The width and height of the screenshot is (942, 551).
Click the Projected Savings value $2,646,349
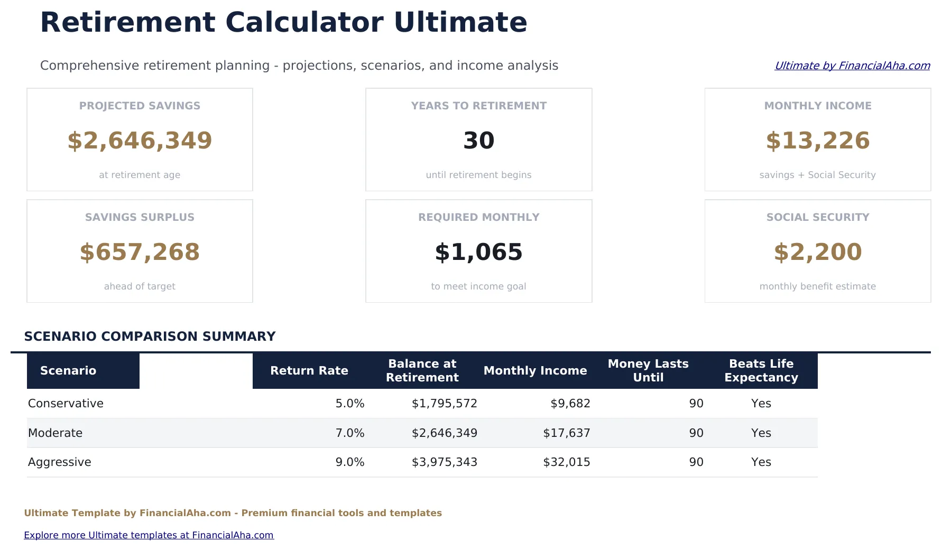pyautogui.click(x=140, y=141)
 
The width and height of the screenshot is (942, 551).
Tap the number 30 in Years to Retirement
pyautogui.click(x=478, y=141)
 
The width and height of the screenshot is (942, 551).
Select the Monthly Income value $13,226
pyautogui.click(x=817, y=141)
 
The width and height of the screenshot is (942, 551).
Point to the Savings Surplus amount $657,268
pyautogui.click(x=140, y=252)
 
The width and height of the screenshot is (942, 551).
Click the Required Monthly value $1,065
pyautogui.click(x=478, y=252)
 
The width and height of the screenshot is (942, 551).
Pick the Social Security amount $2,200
pyautogui.click(x=817, y=252)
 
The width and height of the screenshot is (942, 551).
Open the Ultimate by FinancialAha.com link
pyautogui.click(x=852, y=66)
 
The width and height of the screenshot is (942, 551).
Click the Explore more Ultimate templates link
pyautogui.click(x=149, y=535)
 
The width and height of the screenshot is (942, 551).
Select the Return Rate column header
pyautogui.click(x=309, y=370)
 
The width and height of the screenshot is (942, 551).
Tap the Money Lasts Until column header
pyautogui.click(x=648, y=370)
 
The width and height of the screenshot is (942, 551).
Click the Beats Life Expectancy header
pyautogui.click(x=761, y=370)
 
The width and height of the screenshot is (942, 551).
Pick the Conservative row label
pyautogui.click(x=66, y=404)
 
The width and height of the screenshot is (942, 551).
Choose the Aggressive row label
pyautogui.click(x=59, y=462)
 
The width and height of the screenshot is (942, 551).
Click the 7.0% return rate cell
pyautogui.click(x=349, y=433)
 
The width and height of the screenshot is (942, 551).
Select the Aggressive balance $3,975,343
pyautogui.click(x=444, y=462)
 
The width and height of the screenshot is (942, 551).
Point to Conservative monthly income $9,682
pyautogui.click(x=570, y=404)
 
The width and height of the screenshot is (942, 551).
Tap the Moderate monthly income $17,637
pyautogui.click(x=566, y=433)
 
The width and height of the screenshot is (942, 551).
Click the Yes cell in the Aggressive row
pyautogui.click(x=761, y=462)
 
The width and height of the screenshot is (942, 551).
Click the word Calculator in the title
pyautogui.click(x=304, y=22)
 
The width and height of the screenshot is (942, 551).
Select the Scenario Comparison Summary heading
pyautogui.click(x=150, y=337)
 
